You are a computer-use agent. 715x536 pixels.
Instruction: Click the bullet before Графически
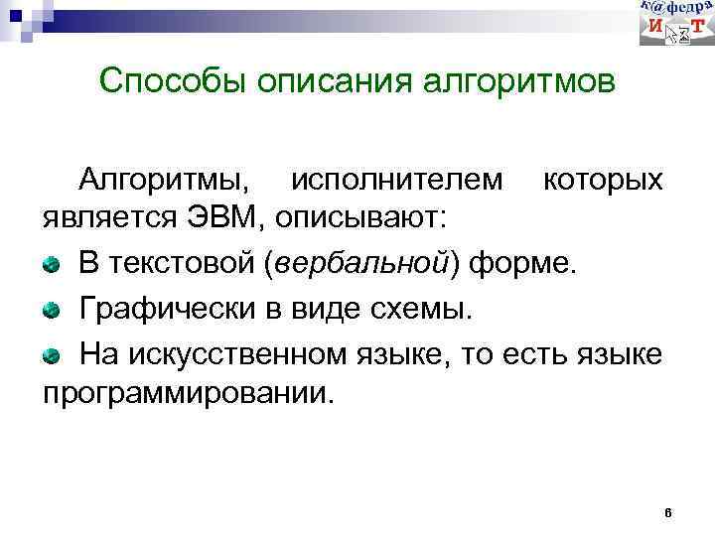51,309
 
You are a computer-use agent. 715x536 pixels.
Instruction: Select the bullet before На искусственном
51,353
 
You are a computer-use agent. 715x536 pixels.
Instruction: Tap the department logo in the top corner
675,23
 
